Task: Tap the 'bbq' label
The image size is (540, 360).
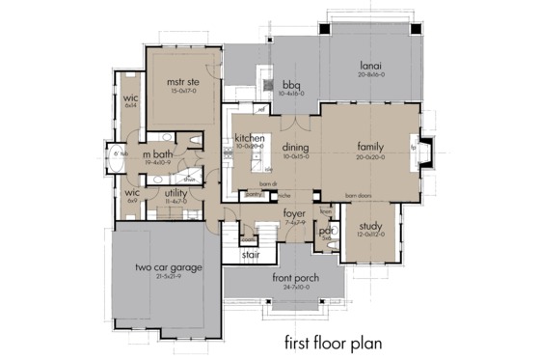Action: (x=290, y=83)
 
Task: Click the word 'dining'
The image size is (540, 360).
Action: (x=295, y=149)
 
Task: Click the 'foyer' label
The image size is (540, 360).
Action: (x=295, y=214)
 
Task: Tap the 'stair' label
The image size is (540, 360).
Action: (x=251, y=257)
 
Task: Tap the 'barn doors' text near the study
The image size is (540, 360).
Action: (x=359, y=193)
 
